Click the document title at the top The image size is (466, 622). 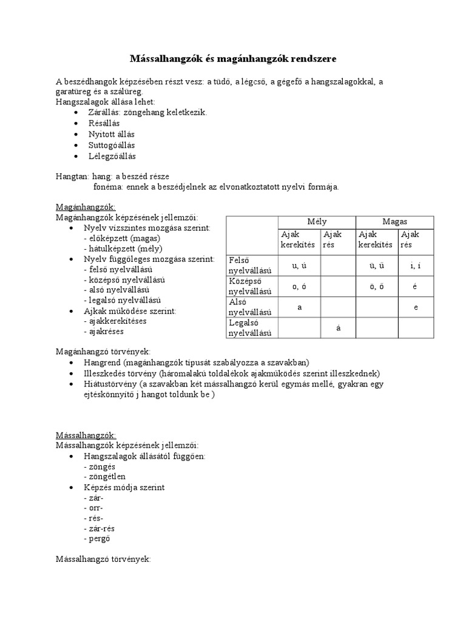233,59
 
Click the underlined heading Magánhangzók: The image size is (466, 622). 81,207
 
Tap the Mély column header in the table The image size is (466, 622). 316,222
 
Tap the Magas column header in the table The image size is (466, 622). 394,222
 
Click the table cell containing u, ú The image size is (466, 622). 299,265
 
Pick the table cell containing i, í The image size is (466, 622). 416,265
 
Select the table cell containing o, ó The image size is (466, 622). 299,286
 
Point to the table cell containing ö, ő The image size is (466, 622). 376,286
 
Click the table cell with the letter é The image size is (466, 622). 416,286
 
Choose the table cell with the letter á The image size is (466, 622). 337,328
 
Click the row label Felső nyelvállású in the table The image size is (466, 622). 249,265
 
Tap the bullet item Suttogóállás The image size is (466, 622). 112,145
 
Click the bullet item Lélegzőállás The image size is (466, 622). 112,156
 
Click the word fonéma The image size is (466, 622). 107,186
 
